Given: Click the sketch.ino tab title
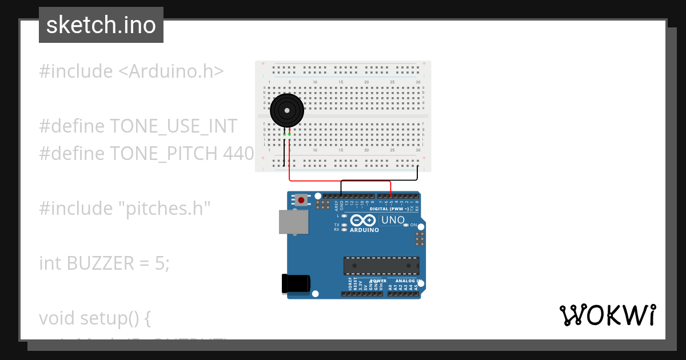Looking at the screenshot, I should pyautogui.click(x=101, y=25).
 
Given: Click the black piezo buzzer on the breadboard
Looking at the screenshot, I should pyautogui.click(x=286, y=109).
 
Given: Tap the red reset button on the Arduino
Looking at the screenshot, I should pyautogui.click(x=301, y=200).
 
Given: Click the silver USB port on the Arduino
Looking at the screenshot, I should pyautogui.click(x=293, y=222).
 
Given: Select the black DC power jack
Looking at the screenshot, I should pyautogui.click(x=297, y=284).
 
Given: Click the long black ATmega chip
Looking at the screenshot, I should pyautogui.click(x=381, y=266).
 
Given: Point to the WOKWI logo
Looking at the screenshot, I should pyautogui.click(x=607, y=315).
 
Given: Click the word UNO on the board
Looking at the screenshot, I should pyautogui.click(x=393, y=220).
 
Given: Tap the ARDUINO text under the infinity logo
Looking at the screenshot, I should pyautogui.click(x=364, y=230).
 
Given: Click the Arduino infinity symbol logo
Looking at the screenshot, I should pyautogui.click(x=364, y=221).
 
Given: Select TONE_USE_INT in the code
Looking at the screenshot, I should pyautogui.click(x=173, y=126).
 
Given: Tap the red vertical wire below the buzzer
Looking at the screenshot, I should pyautogui.click(x=290, y=160).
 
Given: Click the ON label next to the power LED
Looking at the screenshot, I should pyautogui.click(x=413, y=225).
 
